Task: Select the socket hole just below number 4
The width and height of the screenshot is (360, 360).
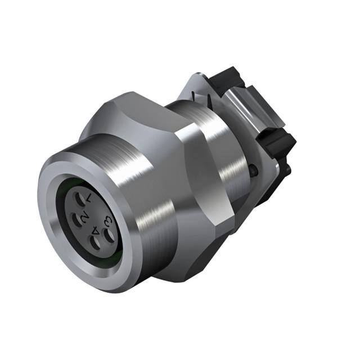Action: pyautogui.click(x=95, y=244)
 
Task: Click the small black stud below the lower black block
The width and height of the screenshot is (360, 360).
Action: pyautogui.click(x=287, y=168)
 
